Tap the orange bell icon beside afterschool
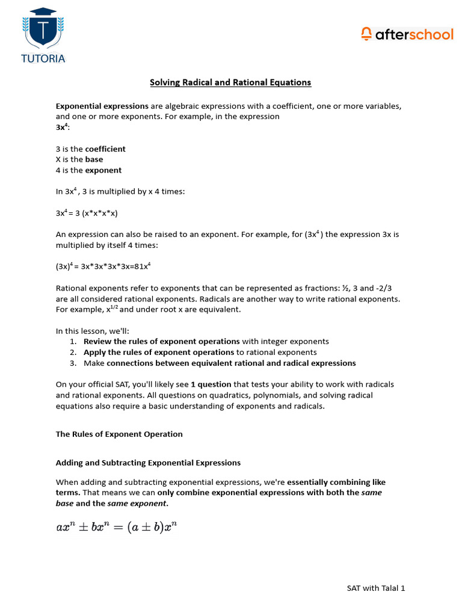(x=366, y=34)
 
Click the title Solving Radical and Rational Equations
(x=230, y=82)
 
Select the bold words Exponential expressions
(x=102, y=106)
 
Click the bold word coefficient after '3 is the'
(x=105, y=149)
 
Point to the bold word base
(x=94, y=159)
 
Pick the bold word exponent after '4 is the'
(x=103, y=170)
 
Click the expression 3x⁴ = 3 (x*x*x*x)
(x=91, y=213)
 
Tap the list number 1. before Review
(x=73, y=342)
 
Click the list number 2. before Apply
(x=73, y=353)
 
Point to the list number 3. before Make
(x=73, y=363)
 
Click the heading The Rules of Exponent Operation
(x=119, y=434)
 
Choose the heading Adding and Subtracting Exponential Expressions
(x=148, y=463)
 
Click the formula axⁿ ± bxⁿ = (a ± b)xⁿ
(x=116, y=528)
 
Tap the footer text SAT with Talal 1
(x=375, y=588)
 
